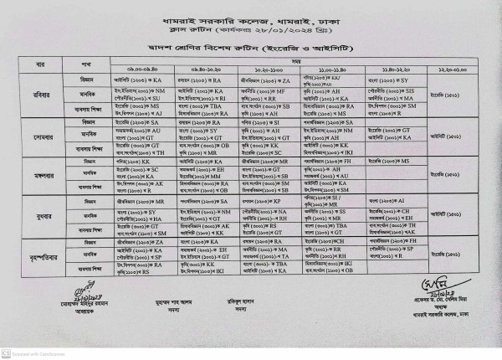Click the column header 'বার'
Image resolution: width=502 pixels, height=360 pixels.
[x=39, y=64]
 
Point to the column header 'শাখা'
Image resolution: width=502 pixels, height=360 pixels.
[x=87, y=64]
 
